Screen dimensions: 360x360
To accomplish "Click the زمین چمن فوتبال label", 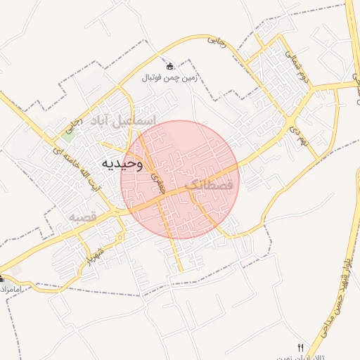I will click(169, 78).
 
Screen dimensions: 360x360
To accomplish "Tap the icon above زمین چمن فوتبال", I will click(169, 67).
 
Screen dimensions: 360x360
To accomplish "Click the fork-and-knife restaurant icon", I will click(300, 347).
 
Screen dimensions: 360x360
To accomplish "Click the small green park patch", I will click(67, 136).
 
